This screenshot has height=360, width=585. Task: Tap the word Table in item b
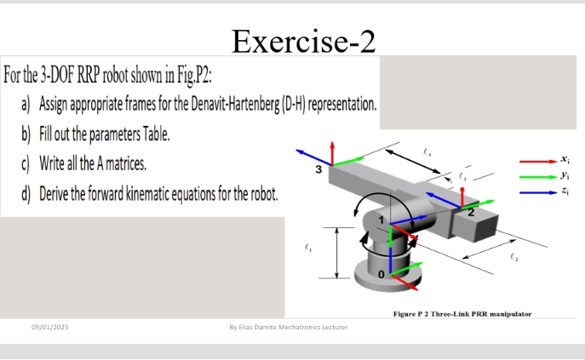pos(153,134)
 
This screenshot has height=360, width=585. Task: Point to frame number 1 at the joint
pos(381,222)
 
